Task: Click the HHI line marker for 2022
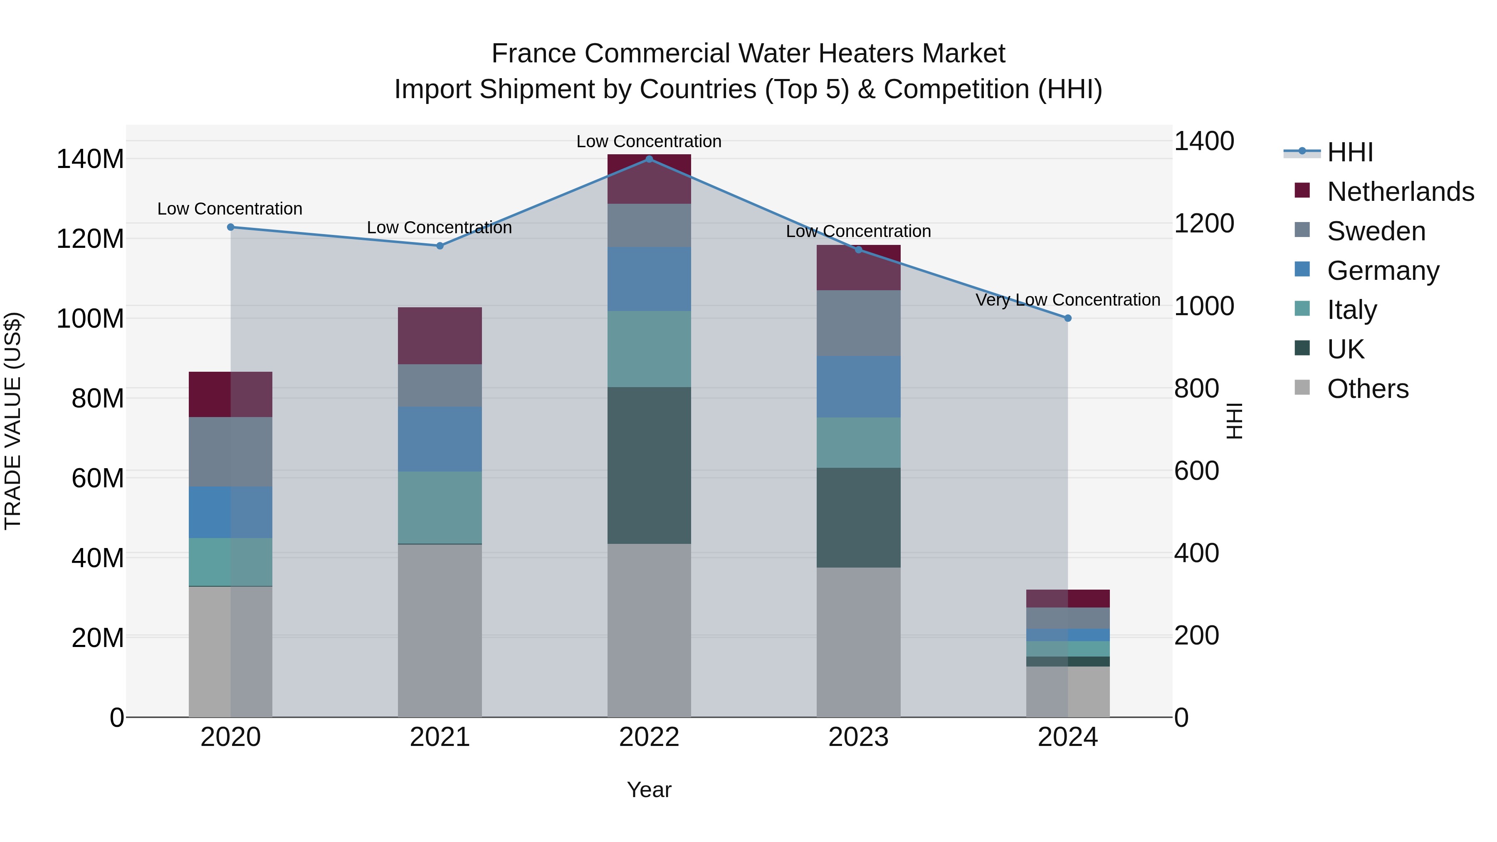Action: click(x=649, y=159)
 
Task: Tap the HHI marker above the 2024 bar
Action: click(x=1067, y=319)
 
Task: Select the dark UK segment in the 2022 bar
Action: click(x=649, y=465)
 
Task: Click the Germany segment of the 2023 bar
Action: click(x=858, y=386)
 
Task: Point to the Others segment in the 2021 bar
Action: click(x=440, y=630)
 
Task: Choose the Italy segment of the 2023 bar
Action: click(x=858, y=442)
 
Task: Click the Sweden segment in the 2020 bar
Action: click(x=231, y=452)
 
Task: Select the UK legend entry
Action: click(x=1345, y=349)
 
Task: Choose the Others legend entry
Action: click(x=1367, y=389)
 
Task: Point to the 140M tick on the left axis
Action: click(x=90, y=159)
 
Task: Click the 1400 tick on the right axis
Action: click(x=1204, y=141)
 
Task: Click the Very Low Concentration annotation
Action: click(x=1067, y=300)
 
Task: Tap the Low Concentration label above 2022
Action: click(x=649, y=141)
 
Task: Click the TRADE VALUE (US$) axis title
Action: click(x=13, y=421)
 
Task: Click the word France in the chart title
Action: click(x=535, y=54)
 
